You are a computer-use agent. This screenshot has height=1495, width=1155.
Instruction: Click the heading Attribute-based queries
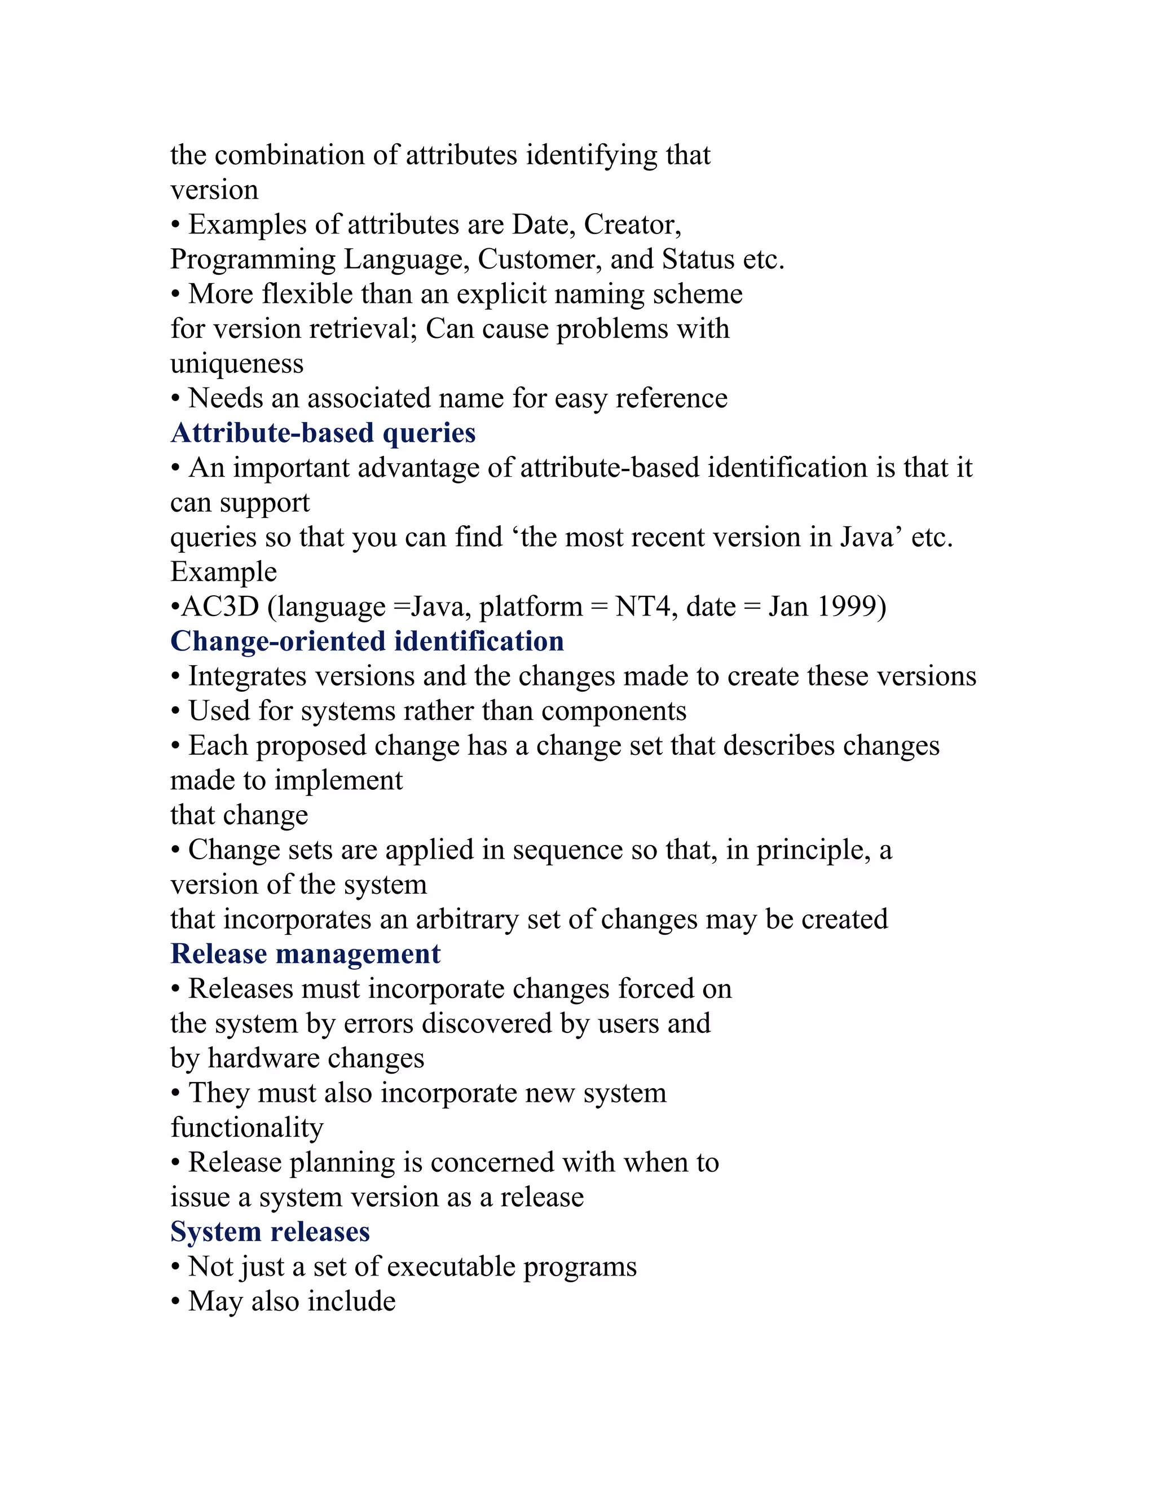(323, 433)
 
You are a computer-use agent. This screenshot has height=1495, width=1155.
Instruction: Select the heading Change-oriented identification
(367, 641)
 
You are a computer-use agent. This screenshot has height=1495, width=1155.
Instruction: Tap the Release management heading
(305, 954)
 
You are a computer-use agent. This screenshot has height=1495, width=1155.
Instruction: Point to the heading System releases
(270, 1232)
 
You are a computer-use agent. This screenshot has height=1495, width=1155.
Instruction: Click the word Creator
(632, 225)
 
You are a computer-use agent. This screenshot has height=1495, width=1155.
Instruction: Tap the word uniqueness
(237, 363)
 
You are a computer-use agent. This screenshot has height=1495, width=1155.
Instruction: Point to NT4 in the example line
(642, 606)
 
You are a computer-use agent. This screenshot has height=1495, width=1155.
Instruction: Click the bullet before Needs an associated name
(176, 398)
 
